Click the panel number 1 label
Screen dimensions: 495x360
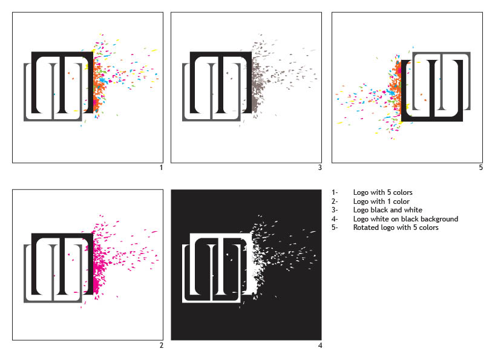(x=162, y=168)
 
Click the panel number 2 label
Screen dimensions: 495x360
(x=162, y=345)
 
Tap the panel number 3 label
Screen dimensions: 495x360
(x=320, y=168)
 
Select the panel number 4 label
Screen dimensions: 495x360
(x=320, y=345)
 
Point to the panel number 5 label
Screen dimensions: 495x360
(x=481, y=168)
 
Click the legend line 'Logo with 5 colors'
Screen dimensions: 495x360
(x=382, y=192)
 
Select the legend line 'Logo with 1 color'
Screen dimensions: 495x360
(x=381, y=201)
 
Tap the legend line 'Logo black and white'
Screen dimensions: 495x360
(x=388, y=210)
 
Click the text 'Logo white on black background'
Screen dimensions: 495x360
(x=405, y=219)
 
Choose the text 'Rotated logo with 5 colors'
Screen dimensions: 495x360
(x=396, y=227)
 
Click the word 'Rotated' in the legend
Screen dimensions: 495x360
(x=364, y=227)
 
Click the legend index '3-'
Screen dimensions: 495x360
(x=335, y=210)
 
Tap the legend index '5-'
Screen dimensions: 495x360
(x=335, y=227)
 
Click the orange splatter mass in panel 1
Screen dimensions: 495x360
(x=99, y=85)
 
